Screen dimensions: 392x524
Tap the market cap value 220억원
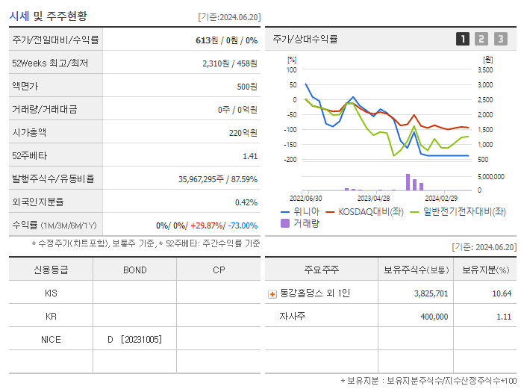[244, 132]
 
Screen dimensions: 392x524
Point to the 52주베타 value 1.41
[250, 155]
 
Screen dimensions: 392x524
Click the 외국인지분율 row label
[38, 202]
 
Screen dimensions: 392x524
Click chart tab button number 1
[463, 39]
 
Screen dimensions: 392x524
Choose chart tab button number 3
[500, 39]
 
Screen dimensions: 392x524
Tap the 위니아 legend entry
[297, 211]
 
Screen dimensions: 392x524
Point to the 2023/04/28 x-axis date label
[374, 198]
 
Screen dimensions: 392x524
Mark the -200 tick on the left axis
[291, 160]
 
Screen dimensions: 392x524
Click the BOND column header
[134, 270]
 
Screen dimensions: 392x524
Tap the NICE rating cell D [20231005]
[134, 339]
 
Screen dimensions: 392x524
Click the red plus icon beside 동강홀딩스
[272, 293]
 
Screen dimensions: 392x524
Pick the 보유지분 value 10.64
[502, 293]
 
